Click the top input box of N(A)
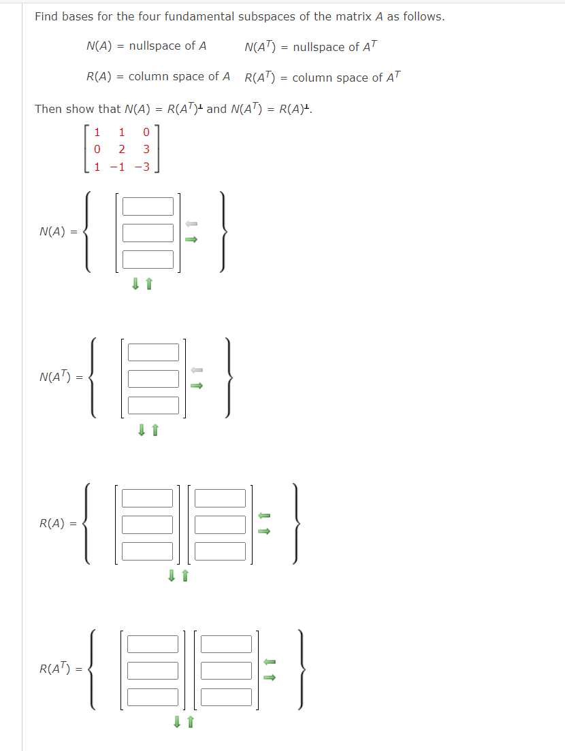point(148,206)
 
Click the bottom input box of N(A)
point(148,259)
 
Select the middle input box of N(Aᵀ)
point(153,378)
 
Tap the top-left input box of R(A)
point(148,498)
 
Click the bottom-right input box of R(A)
point(220,551)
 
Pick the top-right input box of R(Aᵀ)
point(227,644)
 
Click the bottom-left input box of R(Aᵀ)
point(153,697)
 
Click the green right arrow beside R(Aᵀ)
point(270,677)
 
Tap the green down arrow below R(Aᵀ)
point(178,722)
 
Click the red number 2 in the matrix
point(121,149)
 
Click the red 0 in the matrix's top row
point(146,132)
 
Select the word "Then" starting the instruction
point(48,109)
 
